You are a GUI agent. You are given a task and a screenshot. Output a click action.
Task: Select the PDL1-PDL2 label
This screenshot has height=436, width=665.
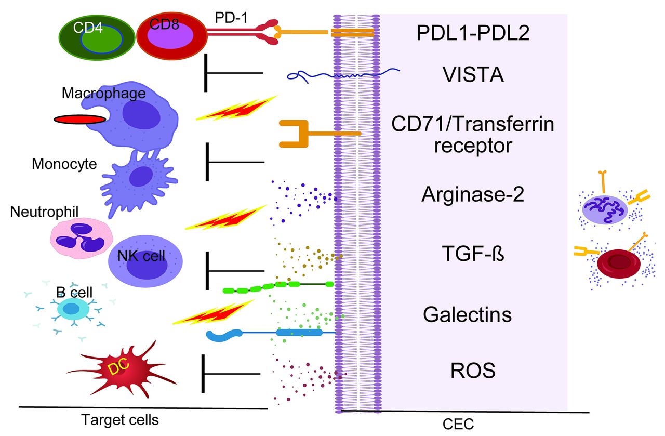[473, 34]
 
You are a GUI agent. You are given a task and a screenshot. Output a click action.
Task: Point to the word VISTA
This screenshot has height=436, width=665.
[473, 76]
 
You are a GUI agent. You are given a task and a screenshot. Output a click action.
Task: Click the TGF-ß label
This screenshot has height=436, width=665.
[473, 256]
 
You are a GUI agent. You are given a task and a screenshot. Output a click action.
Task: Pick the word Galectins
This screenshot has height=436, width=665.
[467, 314]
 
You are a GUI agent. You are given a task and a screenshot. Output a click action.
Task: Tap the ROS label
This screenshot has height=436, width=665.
[472, 371]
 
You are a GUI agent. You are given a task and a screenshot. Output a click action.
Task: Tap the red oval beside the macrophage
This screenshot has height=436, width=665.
[79, 120]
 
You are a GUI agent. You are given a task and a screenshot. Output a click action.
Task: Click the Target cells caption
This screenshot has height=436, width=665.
[119, 419]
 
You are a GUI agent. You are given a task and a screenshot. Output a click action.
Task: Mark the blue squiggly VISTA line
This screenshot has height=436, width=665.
[343, 76]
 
